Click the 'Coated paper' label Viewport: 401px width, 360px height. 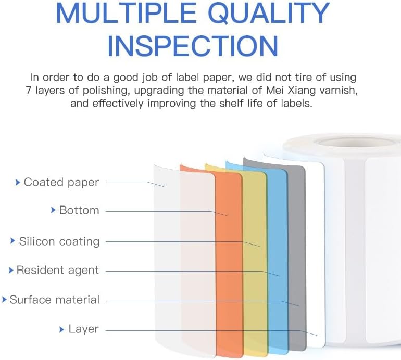[61, 182]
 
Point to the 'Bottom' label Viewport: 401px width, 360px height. [79, 210]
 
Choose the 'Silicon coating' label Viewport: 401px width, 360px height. [59, 241]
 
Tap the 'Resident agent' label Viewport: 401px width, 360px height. [57, 270]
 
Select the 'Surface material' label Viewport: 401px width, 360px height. [54, 300]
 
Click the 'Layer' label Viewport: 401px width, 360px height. [83, 329]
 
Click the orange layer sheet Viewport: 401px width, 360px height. [229, 260]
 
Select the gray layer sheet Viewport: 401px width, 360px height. [296, 250]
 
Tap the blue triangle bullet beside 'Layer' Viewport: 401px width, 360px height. [62, 329]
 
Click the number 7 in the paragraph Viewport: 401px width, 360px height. [29, 91]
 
